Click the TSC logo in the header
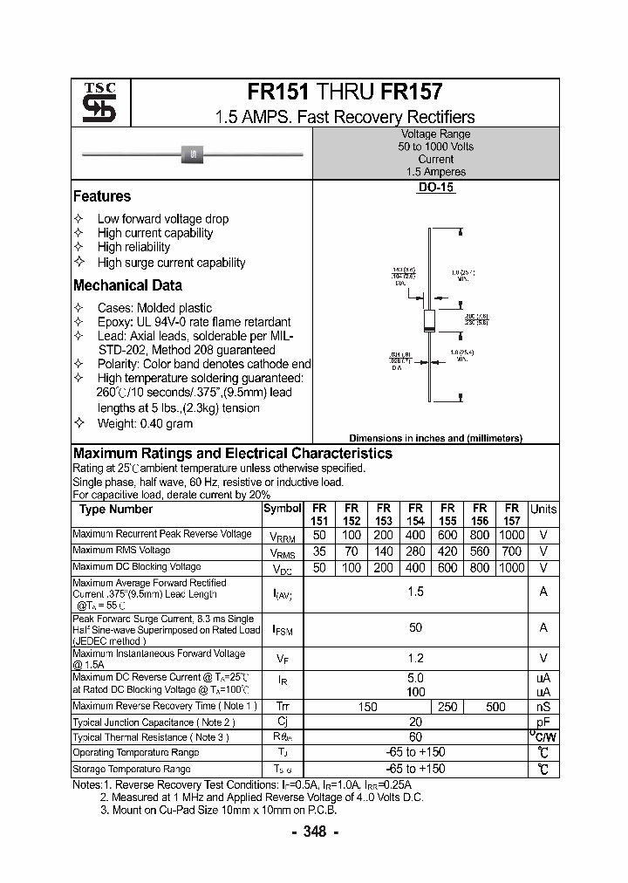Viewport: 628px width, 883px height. (x=92, y=103)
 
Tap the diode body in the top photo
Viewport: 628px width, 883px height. (x=191, y=154)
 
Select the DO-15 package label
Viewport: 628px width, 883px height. (x=435, y=188)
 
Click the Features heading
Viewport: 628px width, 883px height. (x=102, y=197)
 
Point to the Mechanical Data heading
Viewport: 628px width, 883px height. (x=127, y=285)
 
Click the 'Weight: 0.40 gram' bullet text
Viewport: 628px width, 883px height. (x=145, y=423)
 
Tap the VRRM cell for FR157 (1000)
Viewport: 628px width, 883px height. (x=511, y=534)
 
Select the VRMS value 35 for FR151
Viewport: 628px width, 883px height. (x=320, y=551)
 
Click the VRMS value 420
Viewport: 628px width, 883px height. (x=447, y=551)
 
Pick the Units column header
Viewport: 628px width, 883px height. (x=543, y=509)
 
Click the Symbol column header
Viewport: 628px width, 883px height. (x=282, y=509)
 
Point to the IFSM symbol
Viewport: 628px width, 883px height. (x=283, y=628)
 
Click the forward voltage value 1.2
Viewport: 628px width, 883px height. (x=415, y=659)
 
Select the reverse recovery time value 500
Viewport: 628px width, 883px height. (x=495, y=707)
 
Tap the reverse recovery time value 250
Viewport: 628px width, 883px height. (x=447, y=707)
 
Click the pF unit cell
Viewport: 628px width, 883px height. (x=543, y=722)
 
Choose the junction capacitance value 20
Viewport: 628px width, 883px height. (x=415, y=722)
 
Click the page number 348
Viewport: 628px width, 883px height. (x=314, y=832)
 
